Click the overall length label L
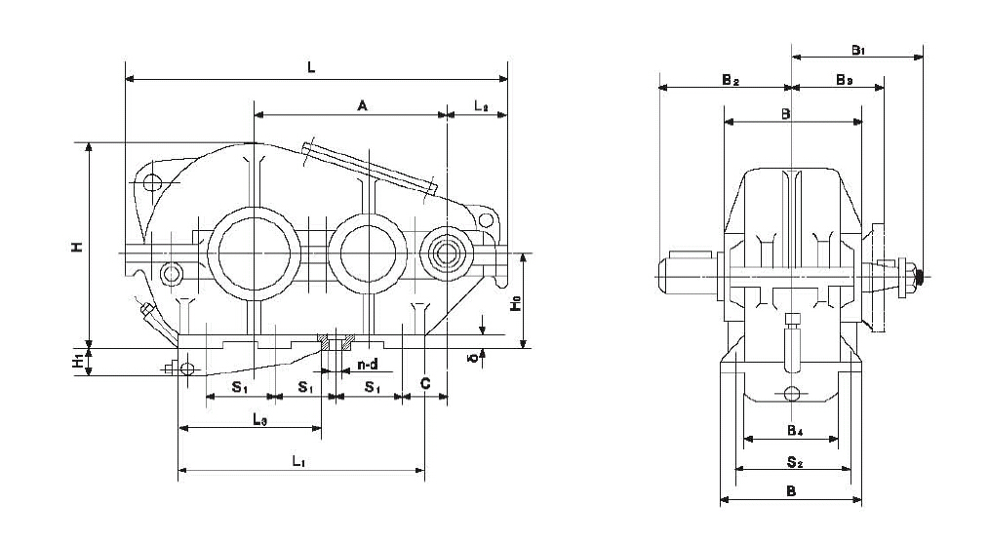(x=310, y=67)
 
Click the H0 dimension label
(x=514, y=304)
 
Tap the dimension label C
(x=425, y=385)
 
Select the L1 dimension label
(x=298, y=462)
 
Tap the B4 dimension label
(x=795, y=430)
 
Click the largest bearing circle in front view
(x=253, y=253)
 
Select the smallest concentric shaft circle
(x=447, y=253)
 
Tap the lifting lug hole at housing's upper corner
(x=151, y=183)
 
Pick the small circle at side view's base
(x=791, y=394)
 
